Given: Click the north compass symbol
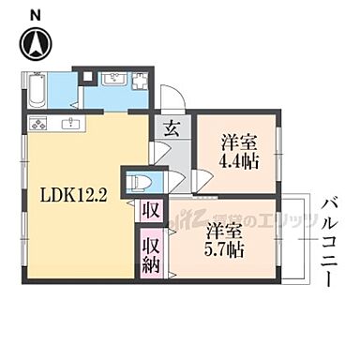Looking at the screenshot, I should click(37, 42).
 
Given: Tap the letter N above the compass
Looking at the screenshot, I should click(36, 13).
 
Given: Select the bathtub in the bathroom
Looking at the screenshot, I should click(37, 92).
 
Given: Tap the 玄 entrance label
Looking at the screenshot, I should click(172, 130).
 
